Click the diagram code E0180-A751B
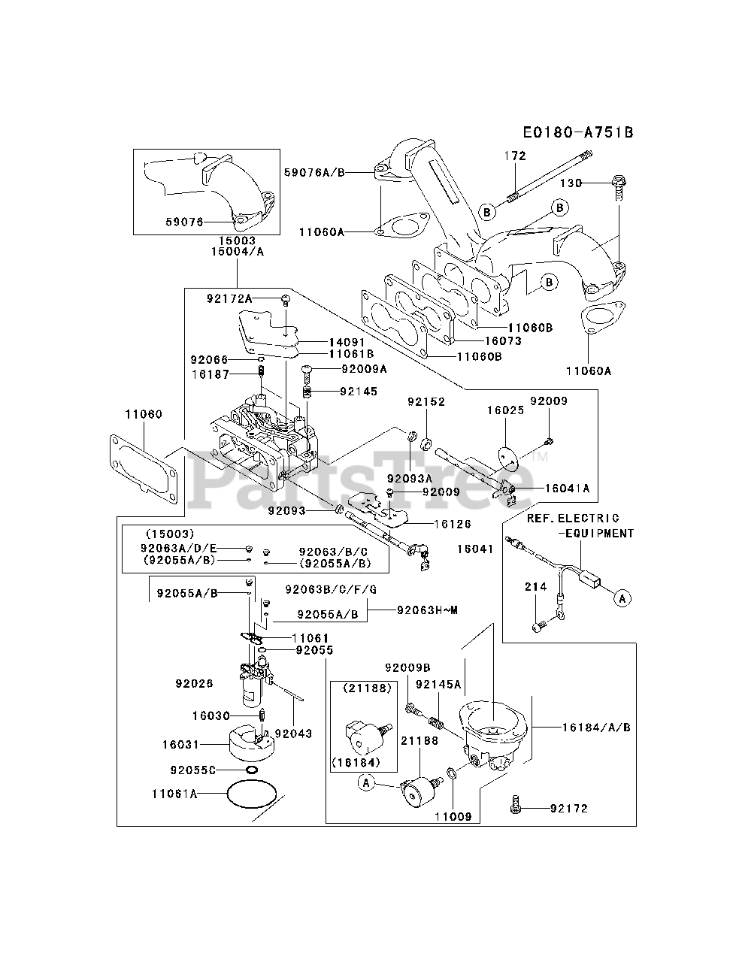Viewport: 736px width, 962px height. [578, 132]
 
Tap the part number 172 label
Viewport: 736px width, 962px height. [515, 156]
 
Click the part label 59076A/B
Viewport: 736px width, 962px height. [314, 172]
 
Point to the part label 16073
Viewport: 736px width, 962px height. [503, 340]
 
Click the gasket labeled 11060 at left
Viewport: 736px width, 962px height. [144, 468]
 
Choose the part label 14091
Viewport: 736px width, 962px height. [347, 342]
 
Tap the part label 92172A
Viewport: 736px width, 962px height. [230, 299]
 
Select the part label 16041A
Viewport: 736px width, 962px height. [568, 489]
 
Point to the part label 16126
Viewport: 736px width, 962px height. [453, 524]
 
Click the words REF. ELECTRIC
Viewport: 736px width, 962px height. [573, 519]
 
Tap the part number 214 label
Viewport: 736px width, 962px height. [536, 586]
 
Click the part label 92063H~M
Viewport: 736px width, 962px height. [428, 610]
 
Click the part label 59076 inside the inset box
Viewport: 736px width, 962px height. [184, 222]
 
